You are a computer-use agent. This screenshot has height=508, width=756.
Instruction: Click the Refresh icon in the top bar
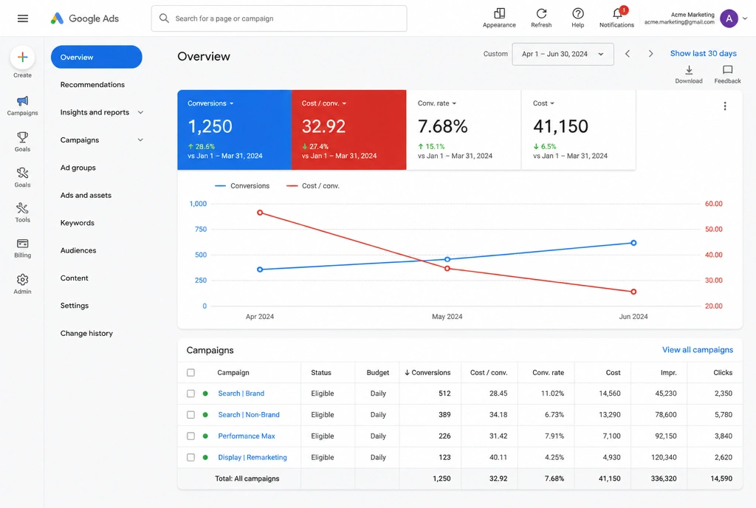coord(541,13)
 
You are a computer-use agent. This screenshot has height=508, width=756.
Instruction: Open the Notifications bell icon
coord(617,13)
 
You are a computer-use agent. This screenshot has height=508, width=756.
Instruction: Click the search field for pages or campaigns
coord(279,18)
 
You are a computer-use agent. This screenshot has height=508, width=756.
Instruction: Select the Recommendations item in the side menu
coord(92,85)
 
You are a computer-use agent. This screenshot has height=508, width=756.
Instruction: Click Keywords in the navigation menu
coord(77,223)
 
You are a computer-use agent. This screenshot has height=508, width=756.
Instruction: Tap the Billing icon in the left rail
coord(22,244)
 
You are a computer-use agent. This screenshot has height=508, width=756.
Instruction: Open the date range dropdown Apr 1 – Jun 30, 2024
coord(563,54)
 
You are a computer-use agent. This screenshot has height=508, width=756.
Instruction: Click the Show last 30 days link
coord(703,53)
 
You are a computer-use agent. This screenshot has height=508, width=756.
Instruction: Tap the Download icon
coord(689,70)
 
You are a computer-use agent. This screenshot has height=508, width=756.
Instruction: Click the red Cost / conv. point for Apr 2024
coord(260,213)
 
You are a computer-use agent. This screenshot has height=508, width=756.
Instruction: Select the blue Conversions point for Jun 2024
coord(633,243)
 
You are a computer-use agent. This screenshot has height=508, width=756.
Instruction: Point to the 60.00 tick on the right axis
coord(714,204)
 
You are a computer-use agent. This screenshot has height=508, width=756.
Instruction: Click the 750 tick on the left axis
coord(201,230)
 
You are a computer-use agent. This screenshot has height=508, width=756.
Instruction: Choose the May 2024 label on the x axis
coord(447,317)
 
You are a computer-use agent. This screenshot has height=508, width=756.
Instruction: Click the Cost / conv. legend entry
coord(313,186)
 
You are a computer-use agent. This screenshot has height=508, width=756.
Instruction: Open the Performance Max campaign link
coord(247,436)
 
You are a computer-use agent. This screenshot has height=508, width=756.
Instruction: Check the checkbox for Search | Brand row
coord(191,394)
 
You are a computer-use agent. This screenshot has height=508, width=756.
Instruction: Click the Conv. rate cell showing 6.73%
coord(554,415)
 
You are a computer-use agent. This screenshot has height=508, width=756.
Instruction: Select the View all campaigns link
coord(698,350)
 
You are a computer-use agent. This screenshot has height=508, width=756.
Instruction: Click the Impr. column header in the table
coord(669,373)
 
